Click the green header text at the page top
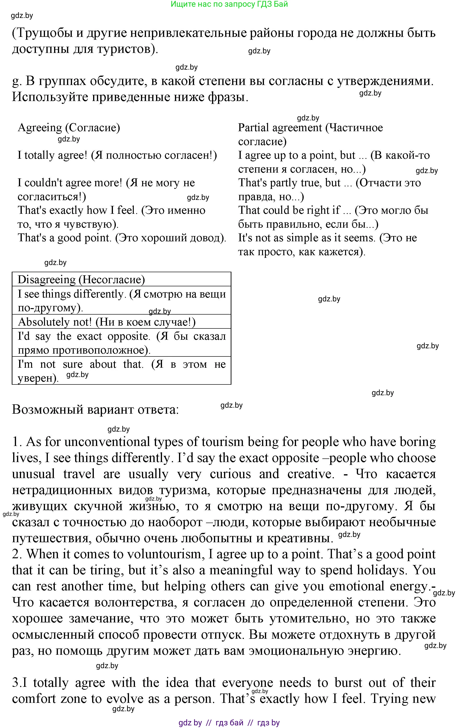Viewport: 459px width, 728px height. point(229,4)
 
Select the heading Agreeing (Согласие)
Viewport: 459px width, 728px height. point(69,128)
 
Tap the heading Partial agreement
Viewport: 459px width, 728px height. point(280,128)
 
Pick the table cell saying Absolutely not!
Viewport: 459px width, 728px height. point(107,322)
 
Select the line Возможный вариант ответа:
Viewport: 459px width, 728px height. point(95,410)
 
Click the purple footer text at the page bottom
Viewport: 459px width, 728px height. point(229,722)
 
